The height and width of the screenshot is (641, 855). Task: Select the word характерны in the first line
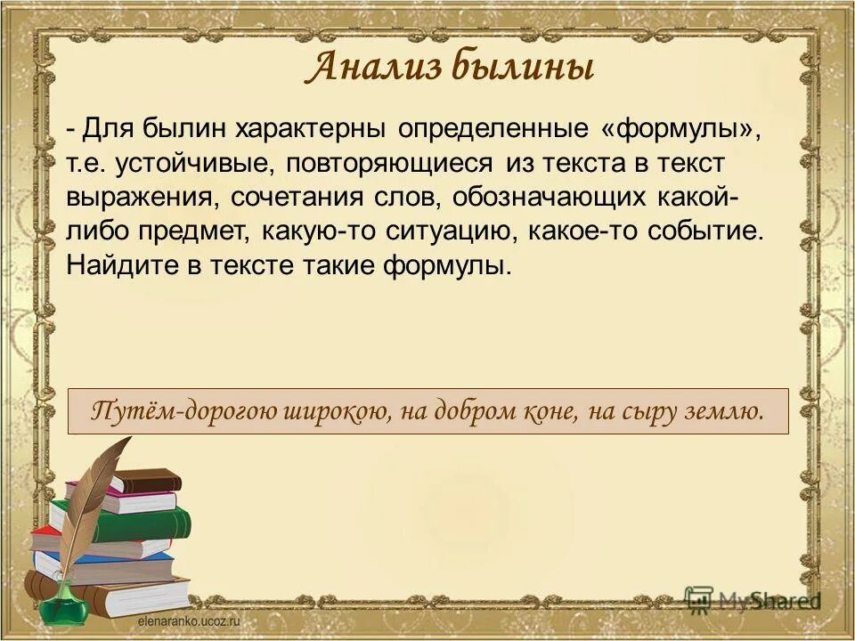click(311, 130)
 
